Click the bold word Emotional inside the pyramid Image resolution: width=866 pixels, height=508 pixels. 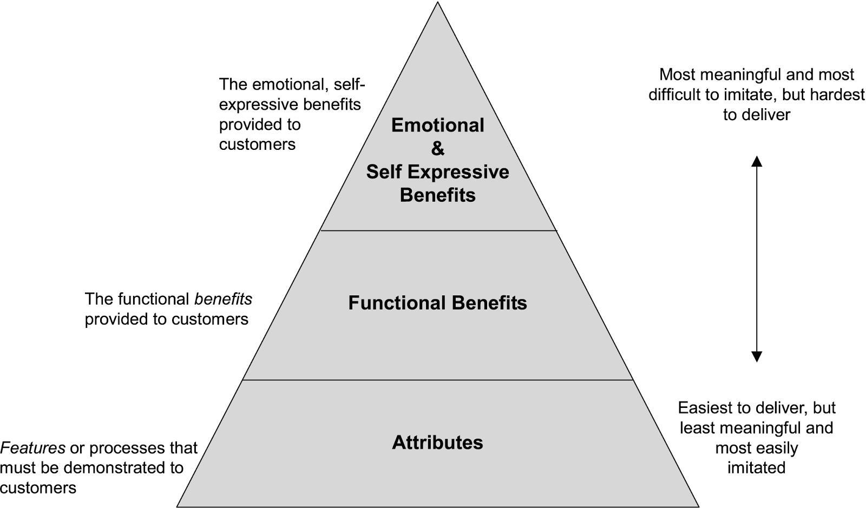click(437, 125)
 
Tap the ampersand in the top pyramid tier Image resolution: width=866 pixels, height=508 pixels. click(437, 148)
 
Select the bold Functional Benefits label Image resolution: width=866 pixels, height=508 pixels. click(437, 302)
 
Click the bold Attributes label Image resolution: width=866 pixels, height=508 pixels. click(437, 443)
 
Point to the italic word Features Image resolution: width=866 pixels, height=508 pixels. click(32, 448)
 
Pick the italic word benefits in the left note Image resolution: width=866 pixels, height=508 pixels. click(223, 299)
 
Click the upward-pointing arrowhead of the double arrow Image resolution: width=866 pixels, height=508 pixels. click(757, 161)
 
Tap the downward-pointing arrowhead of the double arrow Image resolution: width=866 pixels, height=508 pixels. click(757, 357)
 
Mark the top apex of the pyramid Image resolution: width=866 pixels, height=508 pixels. click(437, 3)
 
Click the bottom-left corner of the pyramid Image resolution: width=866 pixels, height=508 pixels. click(178, 506)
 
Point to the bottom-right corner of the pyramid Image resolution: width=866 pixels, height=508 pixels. click(698, 506)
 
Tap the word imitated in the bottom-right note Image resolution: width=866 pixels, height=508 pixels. click(756, 467)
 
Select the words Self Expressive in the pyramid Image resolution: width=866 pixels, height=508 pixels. click(437, 171)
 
